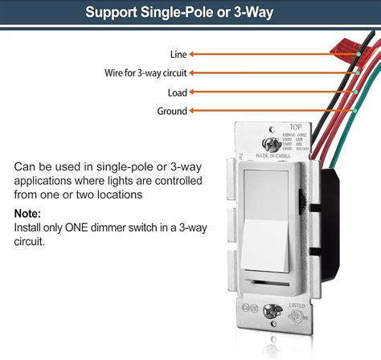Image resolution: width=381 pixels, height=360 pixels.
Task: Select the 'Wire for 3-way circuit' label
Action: coord(145,73)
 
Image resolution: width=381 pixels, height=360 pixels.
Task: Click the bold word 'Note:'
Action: coord(30,214)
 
